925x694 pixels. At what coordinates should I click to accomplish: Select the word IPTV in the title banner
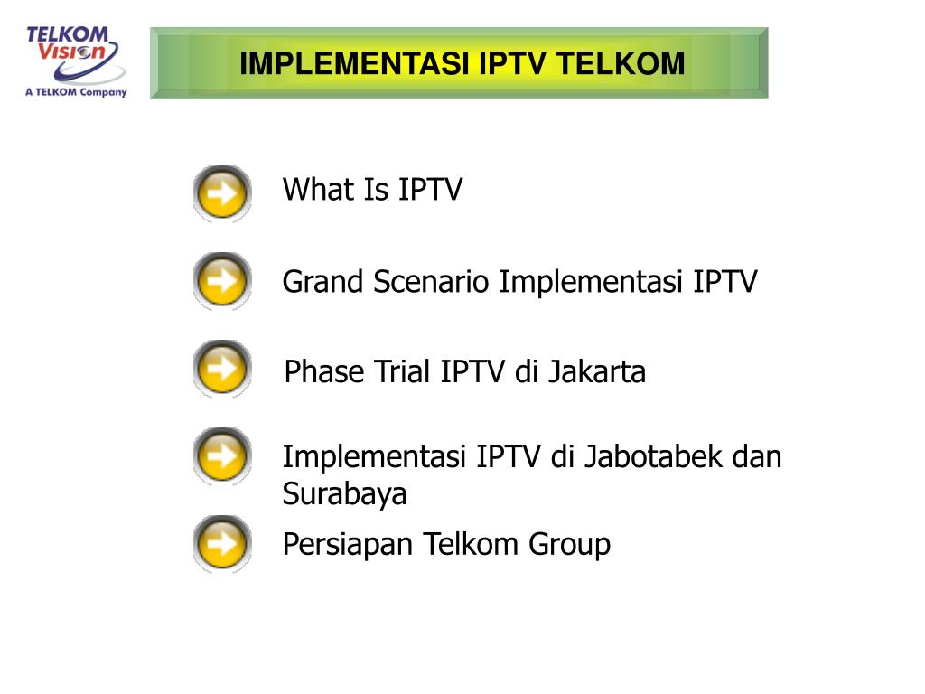point(514,64)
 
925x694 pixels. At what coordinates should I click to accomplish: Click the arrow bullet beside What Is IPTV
point(222,193)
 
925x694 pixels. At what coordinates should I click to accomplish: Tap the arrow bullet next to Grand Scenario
point(222,281)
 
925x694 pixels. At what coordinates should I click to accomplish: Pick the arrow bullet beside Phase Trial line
point(222,369)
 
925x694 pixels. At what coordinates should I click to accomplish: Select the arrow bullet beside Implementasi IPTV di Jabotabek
point(222,456)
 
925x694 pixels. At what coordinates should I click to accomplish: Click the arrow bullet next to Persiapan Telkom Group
point(222,544)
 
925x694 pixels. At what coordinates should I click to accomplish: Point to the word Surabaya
point(344,495)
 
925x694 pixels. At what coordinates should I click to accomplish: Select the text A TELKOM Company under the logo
point(76,91)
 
